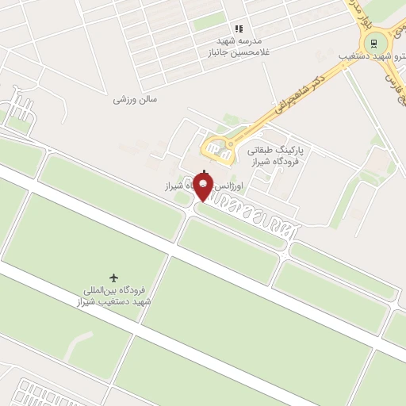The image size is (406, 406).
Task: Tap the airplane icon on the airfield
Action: point(114,278)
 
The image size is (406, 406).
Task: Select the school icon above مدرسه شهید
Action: point(239,29)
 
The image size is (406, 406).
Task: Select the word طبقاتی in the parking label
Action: point(262,148)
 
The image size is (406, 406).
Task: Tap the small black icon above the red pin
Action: point(205,173)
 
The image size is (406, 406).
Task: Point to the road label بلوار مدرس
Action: point(366,17)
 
